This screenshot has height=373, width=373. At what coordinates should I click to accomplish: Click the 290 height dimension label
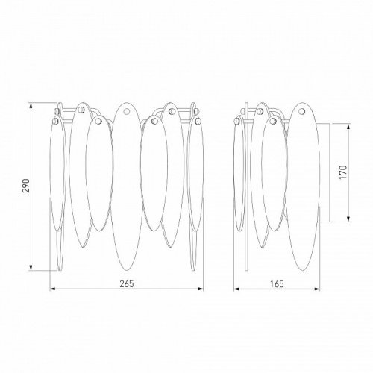pos(26,186)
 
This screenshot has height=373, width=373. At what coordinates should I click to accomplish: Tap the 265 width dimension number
pos(127,283)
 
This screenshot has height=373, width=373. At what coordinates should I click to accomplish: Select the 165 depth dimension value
pos(277,283)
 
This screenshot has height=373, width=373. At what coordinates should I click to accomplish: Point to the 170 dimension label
pos(342,172)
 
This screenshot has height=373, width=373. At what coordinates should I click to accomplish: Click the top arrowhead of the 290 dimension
pos(31,106)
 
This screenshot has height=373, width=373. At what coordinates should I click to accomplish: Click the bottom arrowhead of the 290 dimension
pos(31,267)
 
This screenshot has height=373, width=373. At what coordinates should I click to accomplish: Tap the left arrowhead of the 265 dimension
pos(53,289)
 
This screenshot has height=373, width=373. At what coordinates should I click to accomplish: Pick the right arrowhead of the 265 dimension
pos(200,289)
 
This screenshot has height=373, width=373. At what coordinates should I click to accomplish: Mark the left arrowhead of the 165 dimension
pos(236,289)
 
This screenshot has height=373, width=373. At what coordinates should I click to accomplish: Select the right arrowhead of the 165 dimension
pos(317,289)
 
